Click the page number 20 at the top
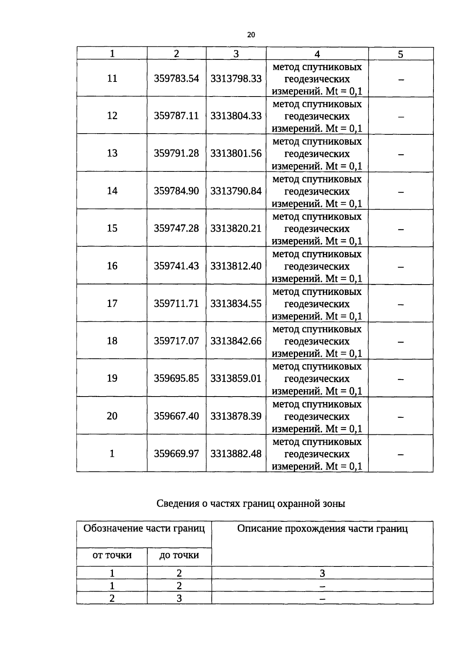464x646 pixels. click(x=251, y=35)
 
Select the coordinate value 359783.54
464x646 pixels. click(x=176, y=78)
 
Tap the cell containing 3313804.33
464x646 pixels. click(x=236, y=116)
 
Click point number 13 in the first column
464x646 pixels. click(x=112, y=153)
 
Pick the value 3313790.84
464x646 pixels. click(x=236, y=191)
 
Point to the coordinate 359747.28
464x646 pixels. click(x=176, y=228)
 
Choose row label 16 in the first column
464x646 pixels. click(x=112, y=266)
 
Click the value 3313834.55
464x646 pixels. click(x=236, y=304)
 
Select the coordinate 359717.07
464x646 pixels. click(x=176, y=341)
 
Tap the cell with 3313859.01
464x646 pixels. click(x=236, y=378)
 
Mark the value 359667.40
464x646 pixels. click(x=176, y=416)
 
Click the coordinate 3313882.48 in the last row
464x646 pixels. click(x=236, y=453)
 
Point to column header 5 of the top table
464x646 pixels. click(x=401, y=54)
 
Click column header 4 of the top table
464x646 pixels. click(x=317, y=54)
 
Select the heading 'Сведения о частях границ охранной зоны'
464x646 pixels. click(x=251, y=504)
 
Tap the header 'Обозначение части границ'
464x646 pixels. click(x=144, y=528)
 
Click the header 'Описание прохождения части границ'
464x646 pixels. click(x=322, y=529)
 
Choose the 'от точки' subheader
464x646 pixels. click(x=112, y=555)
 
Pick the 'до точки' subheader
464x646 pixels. click(x=179, y=555)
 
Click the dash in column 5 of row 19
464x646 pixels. click(x=401, y=379)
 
